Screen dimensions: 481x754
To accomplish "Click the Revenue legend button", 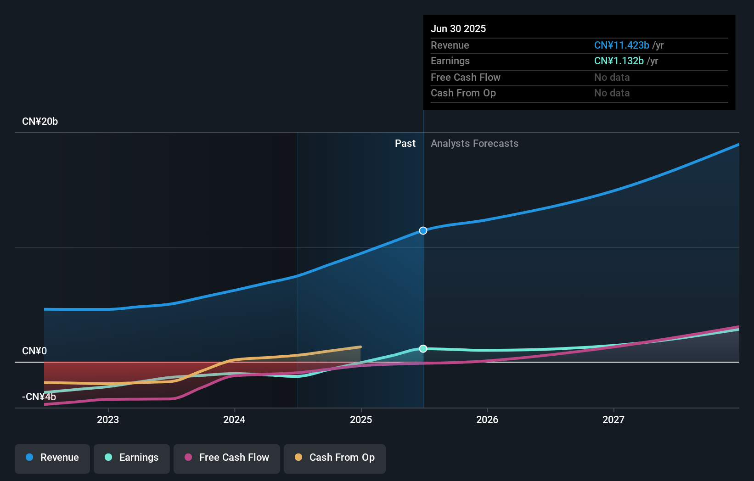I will click(x=52, y=458).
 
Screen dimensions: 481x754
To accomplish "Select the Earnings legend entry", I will click(x=132, y=458).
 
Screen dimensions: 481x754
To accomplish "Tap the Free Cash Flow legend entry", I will click(x=227, y=458).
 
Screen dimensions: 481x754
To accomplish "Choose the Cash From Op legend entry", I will click(x=335, y=458).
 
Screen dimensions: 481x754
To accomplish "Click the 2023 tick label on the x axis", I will click(x=108, y=420).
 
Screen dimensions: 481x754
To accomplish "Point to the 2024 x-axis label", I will click(x=234, y=420).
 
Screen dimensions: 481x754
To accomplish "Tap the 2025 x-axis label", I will click(x=361, y=420).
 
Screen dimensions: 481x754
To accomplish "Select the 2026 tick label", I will click(x=487, y=420).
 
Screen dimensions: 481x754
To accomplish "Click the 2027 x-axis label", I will click(x=613, y=420).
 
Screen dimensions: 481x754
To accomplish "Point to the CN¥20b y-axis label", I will click(x=40, y=122).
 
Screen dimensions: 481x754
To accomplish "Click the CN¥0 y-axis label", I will click(x=34, y=351).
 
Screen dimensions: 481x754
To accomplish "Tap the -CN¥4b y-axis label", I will click(x=39, y=397).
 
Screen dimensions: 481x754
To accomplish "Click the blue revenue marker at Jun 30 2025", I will click(x=423, y=230).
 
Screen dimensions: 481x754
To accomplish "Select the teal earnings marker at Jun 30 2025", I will click(x=423, y=349).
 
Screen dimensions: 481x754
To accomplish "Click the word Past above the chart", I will click(x=405, y=144).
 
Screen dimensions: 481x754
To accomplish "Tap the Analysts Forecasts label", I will click(x=474, y=144).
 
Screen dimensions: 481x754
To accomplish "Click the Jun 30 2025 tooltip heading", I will click(x=458, y=29).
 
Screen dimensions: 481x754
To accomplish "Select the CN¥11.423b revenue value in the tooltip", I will click(x=621, y=45).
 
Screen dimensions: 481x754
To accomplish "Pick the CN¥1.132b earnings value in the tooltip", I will click(x=619, y=61).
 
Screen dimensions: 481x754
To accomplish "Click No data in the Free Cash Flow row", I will click(x=612, y=78).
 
